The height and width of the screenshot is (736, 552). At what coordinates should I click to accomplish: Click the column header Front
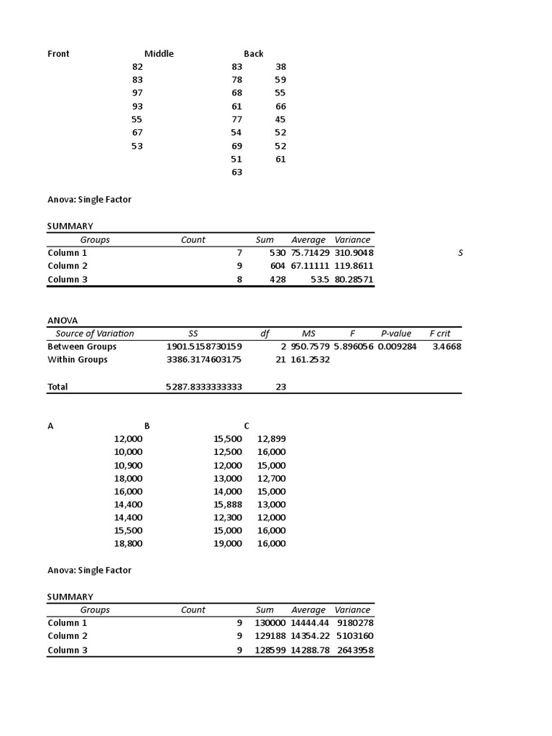(58, 53)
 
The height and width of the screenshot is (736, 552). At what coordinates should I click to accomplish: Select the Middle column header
(159, 53)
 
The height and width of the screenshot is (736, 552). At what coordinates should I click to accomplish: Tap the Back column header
(253, 53)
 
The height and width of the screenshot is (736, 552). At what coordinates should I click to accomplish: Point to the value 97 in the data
(137, 93)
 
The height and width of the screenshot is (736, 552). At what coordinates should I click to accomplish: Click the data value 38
(280, 66)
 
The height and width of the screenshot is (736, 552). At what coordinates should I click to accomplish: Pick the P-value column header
(395, 333)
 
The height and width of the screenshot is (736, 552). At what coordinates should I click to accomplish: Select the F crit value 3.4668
(446, 346)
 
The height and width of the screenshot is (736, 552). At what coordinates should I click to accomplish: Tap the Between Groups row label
(82, 346)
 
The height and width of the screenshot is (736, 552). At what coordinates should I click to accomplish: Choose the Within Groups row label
(78, 359)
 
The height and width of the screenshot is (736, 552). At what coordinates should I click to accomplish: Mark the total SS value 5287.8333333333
(203, 387)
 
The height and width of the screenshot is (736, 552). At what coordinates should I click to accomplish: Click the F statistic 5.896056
(353, 346)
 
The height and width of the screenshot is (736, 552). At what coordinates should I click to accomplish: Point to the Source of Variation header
(94, 333)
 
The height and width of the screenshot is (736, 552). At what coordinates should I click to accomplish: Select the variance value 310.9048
(354, 252)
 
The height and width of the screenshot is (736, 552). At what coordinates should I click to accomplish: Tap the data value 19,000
(228, 543)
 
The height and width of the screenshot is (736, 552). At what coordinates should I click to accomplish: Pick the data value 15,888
(228, 504)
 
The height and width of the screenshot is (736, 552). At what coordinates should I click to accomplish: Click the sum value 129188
(270, 635)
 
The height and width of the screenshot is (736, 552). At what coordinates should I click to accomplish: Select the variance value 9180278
(355, 622)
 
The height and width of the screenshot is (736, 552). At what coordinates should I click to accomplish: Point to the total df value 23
(280, 387)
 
